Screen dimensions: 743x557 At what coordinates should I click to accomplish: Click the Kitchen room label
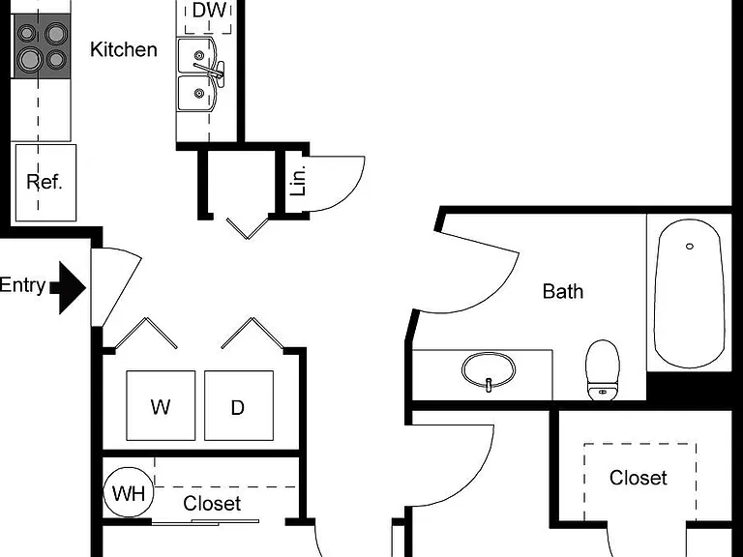coord(124,49)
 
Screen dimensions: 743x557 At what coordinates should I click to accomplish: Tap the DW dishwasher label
coord(209,11)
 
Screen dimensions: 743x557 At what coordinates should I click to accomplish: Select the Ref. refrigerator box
coord(46,183)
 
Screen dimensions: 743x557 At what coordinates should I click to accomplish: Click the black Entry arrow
coord(68,287)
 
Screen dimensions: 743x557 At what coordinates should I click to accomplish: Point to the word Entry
coord(23,285)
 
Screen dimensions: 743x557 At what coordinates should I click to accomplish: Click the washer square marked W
coord(161,405)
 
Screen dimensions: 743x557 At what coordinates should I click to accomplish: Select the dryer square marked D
coord(239,405)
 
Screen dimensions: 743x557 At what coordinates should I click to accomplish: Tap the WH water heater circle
coord(129,492)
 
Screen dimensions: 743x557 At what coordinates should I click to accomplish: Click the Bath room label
coord(563,292)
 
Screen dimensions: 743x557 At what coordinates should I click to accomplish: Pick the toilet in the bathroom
coord(603,370)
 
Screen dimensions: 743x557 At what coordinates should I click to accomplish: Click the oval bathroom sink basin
coord(489,370)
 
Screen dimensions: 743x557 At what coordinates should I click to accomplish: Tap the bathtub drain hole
coord(690,247)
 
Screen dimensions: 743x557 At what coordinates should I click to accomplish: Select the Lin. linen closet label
coord(299,182)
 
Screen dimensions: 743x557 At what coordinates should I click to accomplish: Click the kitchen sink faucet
coord(210,70)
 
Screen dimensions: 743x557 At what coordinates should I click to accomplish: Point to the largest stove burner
coord(29,59)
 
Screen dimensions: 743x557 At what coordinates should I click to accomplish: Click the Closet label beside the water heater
coord(212,504)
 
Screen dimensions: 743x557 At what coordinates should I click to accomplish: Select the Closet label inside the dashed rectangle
coord(639,478)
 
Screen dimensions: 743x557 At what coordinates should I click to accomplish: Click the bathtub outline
coord(655,294)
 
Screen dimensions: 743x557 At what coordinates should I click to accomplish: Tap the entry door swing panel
coord(116,287)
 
